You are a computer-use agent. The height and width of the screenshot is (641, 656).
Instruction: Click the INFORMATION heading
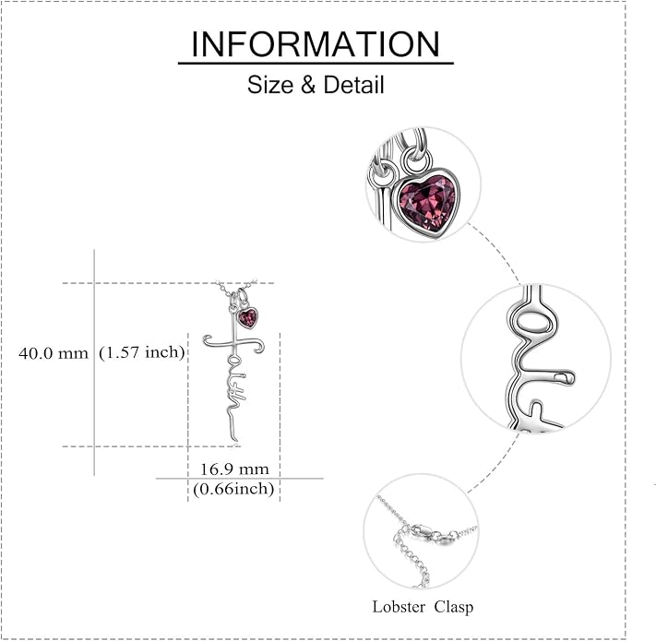(x=316, y=44)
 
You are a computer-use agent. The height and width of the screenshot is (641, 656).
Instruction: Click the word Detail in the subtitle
(x=353, y=85)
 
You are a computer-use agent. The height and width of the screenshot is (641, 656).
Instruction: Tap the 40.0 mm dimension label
(x=54, y=354)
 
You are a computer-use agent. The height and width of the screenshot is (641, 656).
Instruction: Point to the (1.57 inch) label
(x=142, y=353)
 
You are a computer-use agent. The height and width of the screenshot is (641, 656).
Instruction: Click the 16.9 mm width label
(x=234, y=469)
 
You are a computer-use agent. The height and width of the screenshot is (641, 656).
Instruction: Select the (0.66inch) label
(x=233, y=489)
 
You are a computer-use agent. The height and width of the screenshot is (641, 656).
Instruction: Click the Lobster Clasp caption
(x=423, y=607)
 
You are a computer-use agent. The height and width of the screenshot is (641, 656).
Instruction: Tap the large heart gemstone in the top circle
(x=427, y=201)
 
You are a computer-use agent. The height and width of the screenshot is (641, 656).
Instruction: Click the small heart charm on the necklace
(x=247, y=318)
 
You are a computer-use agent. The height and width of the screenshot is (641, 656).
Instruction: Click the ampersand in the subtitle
(x=308, y=85)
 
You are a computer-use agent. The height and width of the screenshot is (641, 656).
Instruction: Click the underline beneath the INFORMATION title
(x=316, y=63)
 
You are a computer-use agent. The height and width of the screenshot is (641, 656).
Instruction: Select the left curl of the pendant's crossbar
(x=208, y=340)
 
